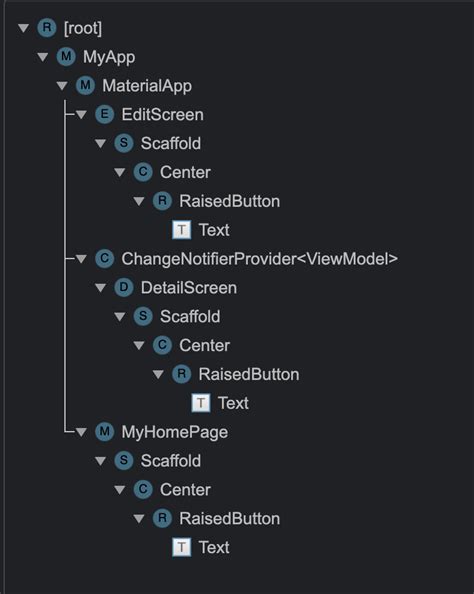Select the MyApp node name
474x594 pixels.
109,57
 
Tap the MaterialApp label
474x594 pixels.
147,86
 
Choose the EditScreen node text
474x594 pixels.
162,115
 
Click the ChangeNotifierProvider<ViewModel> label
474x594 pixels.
259,259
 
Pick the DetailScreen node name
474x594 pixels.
188,288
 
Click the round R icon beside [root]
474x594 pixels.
45,28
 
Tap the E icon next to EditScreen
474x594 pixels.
103,115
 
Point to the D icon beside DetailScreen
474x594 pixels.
123,288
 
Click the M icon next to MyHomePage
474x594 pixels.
103,432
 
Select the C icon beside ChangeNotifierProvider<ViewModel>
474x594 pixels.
103,259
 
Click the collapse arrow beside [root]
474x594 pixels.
24,28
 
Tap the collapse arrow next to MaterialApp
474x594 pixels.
62,86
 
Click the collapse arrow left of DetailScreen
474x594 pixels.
101,288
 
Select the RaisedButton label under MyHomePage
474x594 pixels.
229,518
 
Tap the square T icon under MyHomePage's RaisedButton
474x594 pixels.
181,547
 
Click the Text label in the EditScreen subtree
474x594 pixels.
214,230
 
